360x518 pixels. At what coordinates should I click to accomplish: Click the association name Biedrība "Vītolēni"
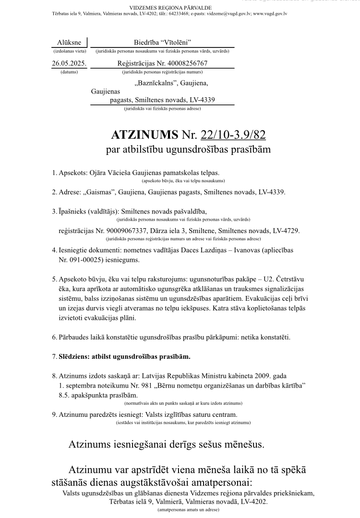click(x=162, y=43)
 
